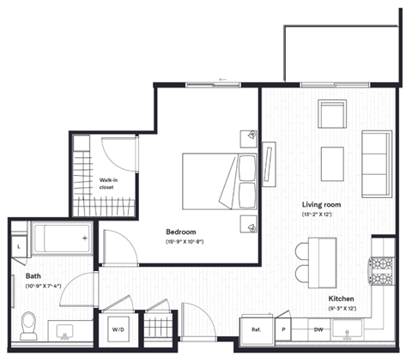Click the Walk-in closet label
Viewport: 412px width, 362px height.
107,182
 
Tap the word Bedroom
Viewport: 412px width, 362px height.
181,232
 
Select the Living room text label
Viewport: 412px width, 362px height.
322,205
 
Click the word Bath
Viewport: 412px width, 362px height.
33,276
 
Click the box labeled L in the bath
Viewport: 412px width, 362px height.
19,247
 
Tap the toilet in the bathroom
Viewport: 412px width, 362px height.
27,324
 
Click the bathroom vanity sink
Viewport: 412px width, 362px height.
65,329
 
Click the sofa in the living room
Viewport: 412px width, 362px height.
376,163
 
